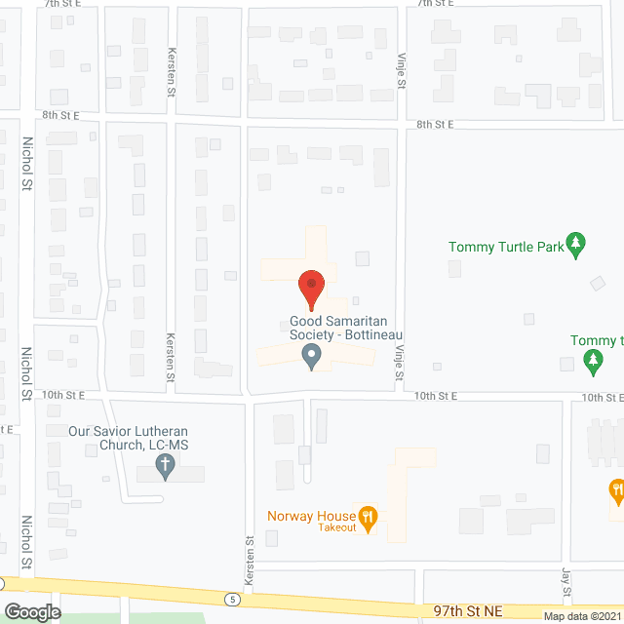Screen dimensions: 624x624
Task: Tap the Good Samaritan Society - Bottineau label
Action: pos(347,329)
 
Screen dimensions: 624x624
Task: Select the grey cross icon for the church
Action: pos(166,469)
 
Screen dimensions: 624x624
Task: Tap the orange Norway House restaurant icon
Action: pos(368,517)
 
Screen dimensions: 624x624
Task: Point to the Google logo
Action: pos(31,612)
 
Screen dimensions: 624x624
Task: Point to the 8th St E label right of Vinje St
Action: pos(437,125)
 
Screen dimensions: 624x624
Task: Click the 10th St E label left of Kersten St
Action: pos(64,395)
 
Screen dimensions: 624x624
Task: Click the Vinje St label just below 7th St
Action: pos(400,73)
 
